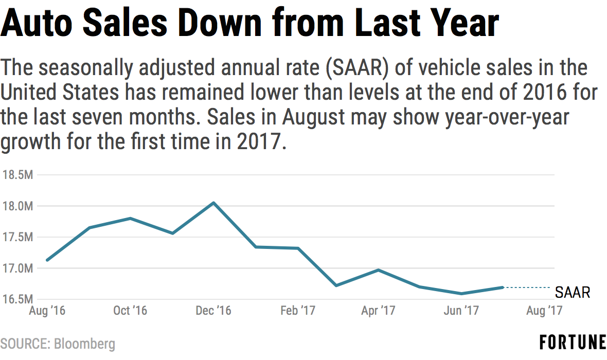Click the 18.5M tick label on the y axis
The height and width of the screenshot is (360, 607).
pos(17,175)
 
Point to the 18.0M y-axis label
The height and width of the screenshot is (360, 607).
pos(17,206)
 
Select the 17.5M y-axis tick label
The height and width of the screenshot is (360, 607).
pos(17,237)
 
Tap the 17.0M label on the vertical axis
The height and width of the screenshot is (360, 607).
pos(17,268)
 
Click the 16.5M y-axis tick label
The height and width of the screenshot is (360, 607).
pos(17,299)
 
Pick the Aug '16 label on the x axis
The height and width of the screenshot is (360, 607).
pos(47,311)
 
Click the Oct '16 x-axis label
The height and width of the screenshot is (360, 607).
pos(130,311)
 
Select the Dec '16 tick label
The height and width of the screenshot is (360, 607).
pos(214,311)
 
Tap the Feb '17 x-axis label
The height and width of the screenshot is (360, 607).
pos(298,311)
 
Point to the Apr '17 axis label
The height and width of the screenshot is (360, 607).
pos(378,311)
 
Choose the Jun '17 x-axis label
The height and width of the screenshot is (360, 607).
pos(461,311)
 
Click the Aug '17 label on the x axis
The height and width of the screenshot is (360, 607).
pos(544,311)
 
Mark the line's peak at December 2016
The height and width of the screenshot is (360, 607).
pos(214,203)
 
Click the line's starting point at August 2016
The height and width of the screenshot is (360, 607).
pos(47,260)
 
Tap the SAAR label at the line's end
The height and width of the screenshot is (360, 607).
pos(572,293)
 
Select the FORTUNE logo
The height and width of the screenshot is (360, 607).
pos(573,343)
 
